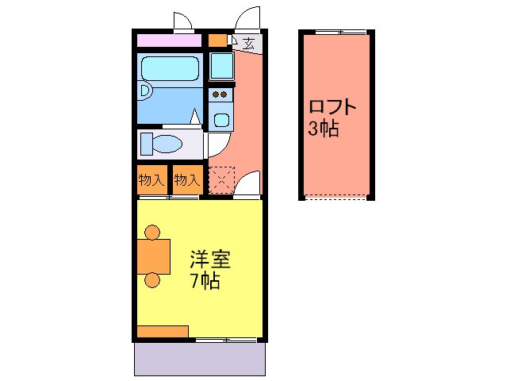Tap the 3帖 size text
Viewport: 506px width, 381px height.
324,129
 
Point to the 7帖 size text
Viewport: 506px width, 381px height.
204,281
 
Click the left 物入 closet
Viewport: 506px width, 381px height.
151,180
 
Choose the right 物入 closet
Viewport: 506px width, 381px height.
186,180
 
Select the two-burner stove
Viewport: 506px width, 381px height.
220,95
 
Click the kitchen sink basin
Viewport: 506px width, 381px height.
220,121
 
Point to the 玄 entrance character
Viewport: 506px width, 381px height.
248,44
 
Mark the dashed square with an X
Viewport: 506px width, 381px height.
221,180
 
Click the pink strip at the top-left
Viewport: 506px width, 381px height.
168,40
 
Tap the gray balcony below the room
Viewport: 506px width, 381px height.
199,360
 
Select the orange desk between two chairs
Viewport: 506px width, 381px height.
154,256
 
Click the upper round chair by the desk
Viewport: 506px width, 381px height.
152,233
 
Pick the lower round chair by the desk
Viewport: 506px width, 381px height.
152,279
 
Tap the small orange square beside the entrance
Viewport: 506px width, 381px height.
217,40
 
